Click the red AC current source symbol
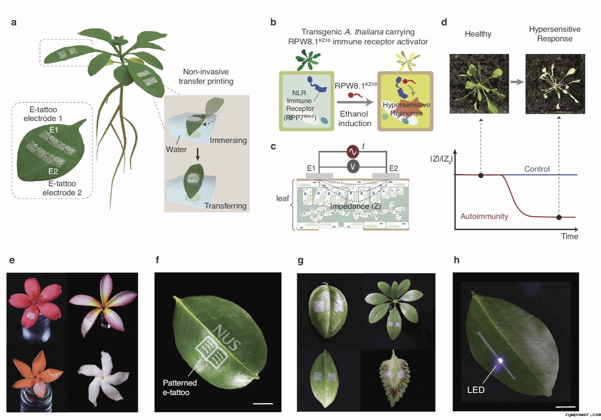point(353,152)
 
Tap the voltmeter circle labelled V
point(353,166)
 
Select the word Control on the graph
point(537,169)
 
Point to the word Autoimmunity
point(484,216)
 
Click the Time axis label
point(570,236)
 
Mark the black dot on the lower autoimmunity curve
point(559,217)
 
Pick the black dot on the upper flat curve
point(481,175)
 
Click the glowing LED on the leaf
point(500,361)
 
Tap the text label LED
point(476,390)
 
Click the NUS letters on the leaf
point(227,337)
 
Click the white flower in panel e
point(103,378)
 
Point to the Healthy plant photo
point(479,84)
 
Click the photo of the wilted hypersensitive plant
point(555,84)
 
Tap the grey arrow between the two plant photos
point(517,82)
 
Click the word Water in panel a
point(176,149)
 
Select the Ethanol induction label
point(355,119)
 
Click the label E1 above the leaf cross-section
point(311,168)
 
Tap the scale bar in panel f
point(263,403)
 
